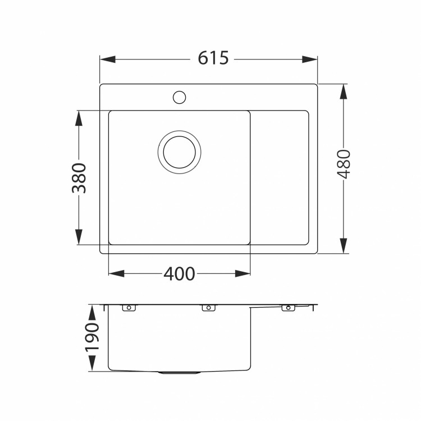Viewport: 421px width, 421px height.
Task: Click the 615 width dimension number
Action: pos(213,58)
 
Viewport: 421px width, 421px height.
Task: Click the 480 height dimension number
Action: pos(344,164)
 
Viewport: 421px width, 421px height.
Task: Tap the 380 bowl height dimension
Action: pos(79,178)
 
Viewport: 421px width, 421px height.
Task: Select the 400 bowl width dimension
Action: pos(179,274)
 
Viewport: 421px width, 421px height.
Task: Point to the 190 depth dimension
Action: pos(92,338)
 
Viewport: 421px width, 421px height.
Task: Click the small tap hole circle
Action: pos(179,97)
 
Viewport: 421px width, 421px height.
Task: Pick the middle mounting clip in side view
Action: pos(208,308)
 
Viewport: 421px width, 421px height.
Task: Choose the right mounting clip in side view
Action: pos(289,308)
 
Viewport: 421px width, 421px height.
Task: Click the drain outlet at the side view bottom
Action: pos(179,372)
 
